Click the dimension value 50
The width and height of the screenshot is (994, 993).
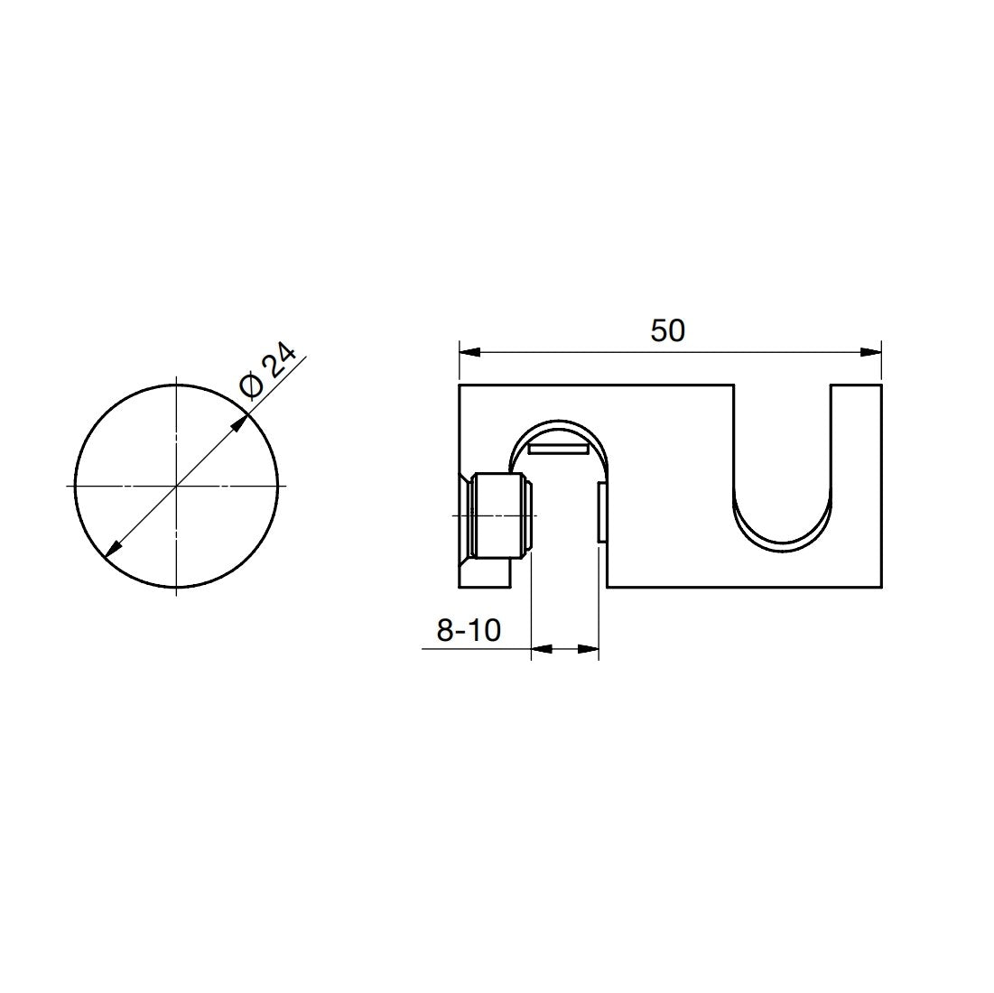tap(668, 331)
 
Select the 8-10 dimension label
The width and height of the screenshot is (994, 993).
tap(468, 630)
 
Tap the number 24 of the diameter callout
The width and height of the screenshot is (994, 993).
tap(281, 365)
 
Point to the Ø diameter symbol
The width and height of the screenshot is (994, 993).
tap(253, 386)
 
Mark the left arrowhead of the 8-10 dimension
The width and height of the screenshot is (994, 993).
tap(540, 647)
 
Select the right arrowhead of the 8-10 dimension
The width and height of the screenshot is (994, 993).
tap(590, 647)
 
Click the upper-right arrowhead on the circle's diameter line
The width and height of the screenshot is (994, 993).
tap(241, 422)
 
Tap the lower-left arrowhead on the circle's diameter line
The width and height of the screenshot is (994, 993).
tap(113, 550)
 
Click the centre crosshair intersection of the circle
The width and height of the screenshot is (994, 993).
tap(177, 486)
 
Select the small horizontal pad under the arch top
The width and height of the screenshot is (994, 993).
tap(559, 447)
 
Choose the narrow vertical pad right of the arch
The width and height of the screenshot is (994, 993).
tap(600, 513)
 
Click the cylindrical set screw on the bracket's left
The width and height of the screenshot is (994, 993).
tap(501, 515)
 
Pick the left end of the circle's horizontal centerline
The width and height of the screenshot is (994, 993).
tap(69, 486)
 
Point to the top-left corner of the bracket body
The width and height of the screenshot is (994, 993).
tap(460, 385)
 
